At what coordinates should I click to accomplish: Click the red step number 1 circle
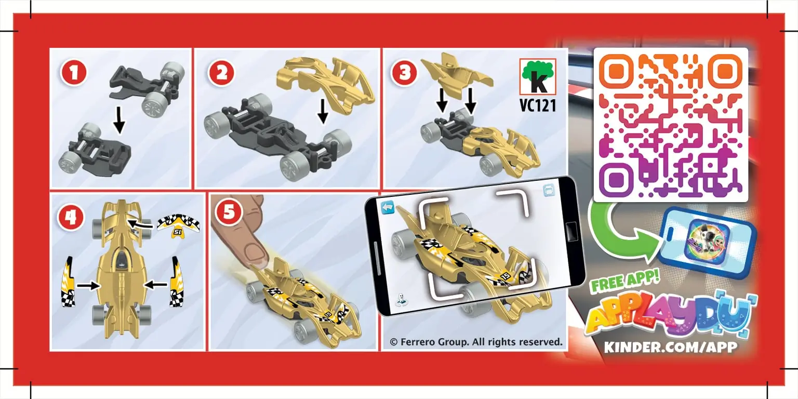[x=74, y=73]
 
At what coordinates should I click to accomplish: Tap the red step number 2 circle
[x=221, y=73]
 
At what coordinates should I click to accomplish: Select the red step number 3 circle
[x=405, y=73]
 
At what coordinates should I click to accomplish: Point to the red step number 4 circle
[x=71, y=217]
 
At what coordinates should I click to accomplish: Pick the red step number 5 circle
[x=229, y=212]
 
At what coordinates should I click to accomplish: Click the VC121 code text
[x=538, y=105]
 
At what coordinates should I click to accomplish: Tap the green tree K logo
[x=538, y=76]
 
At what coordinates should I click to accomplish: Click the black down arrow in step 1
[x=119, y=119]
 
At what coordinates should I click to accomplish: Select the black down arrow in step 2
[x=323, y=111]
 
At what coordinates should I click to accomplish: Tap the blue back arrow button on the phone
[x=388, y=207]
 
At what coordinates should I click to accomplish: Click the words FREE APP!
[x=625, y=282]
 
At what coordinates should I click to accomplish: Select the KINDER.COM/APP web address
[x=671, y=347]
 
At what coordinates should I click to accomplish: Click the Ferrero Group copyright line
[x=476, y=342]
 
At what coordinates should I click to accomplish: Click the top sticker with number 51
[x=178, y=225]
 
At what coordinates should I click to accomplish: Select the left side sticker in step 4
[x=68, y=282]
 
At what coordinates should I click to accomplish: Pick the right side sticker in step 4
[x=176, y=282]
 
